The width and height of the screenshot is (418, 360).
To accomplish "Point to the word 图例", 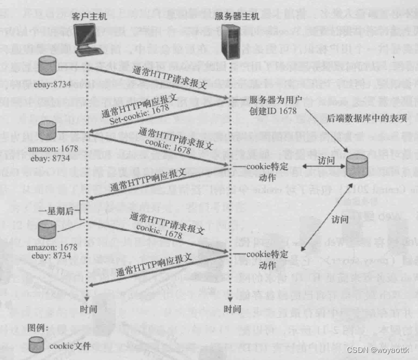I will [x=38, y=328].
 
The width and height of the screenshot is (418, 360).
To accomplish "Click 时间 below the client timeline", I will [x=87, y=310].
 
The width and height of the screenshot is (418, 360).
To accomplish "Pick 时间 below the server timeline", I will [x=233, y=310].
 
